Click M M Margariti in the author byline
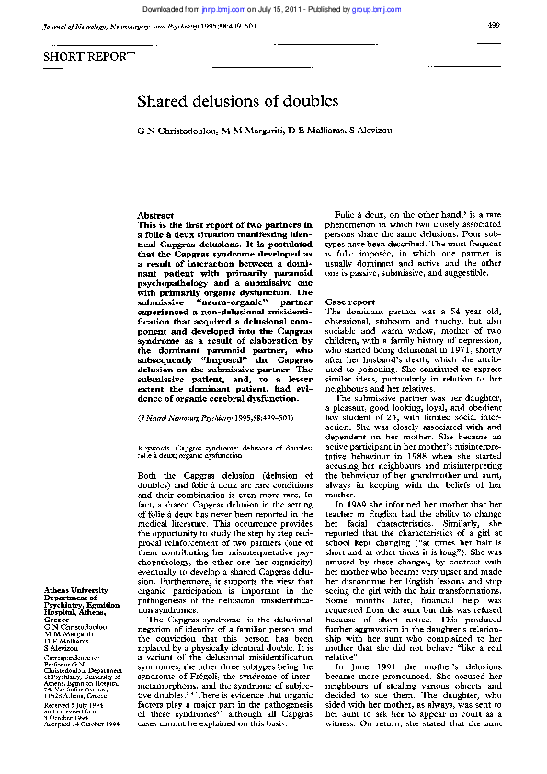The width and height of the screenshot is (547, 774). tap(250, 131)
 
